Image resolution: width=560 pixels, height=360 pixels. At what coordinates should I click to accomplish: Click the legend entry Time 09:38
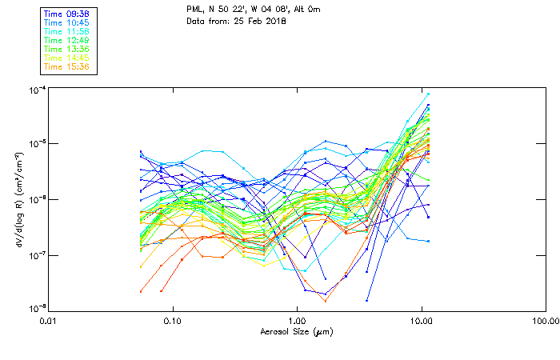tap(66, 14)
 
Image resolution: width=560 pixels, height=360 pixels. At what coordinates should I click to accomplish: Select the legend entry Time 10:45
tap(66, 22)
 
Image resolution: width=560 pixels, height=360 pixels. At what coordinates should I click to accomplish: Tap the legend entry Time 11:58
tap(66, 31)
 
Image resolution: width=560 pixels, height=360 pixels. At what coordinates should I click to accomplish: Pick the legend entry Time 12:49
tap(66, 40)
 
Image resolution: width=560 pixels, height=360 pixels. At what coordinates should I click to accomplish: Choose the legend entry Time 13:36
tap(66, 49)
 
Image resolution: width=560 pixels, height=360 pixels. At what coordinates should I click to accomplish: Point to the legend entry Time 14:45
tap(66, 58)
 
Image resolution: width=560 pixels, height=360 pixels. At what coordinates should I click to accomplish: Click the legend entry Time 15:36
tap(66, 66)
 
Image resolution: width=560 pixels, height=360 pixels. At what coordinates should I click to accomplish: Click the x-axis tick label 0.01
tap(49, 322)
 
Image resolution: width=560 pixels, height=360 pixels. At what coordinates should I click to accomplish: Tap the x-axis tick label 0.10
tap(173, 322)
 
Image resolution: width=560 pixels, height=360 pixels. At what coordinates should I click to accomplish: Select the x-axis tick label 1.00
tap(297, 322)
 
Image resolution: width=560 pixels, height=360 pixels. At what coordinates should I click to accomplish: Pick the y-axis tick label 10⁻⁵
tap(35, 144)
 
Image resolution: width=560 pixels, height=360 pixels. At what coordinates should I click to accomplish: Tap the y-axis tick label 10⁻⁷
tap(35, 255)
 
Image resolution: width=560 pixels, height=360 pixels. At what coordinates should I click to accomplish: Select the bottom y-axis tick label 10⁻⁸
tap(35, 308)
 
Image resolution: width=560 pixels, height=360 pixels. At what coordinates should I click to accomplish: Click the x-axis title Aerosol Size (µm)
tap(296, 331)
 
